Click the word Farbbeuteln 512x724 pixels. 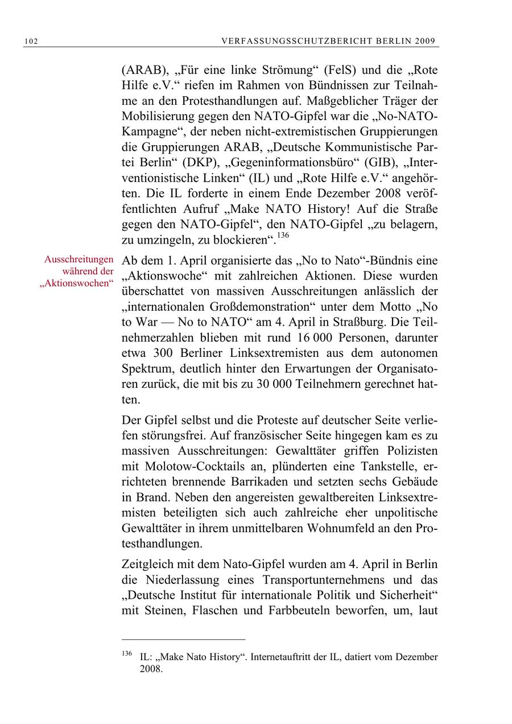pyautogui.click(x=318, y=612)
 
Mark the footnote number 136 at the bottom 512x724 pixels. pyautogui.click(x=127, y=653)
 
